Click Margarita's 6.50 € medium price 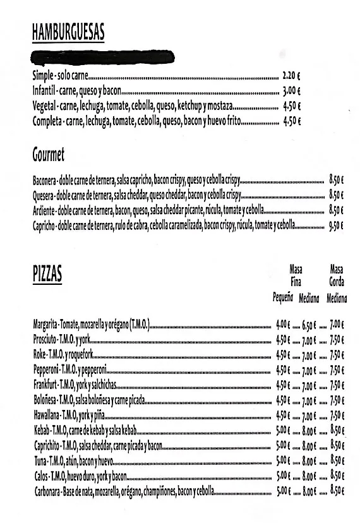[308, 326]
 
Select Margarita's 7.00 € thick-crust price [336, 326]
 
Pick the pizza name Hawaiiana [46, 416]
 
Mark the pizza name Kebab [40, 431]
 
